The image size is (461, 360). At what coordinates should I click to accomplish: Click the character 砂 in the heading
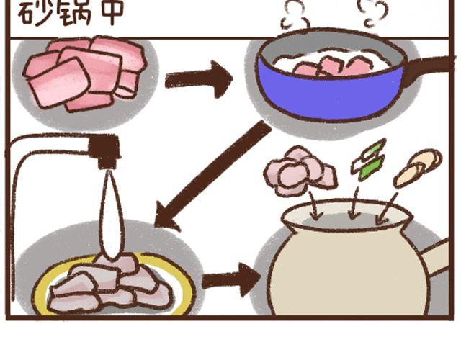coord(35,12)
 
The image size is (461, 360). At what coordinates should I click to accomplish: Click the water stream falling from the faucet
coord(111,216)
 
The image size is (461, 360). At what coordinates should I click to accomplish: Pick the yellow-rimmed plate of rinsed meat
coord(112,288)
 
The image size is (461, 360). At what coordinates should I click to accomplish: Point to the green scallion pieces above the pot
coord(369,160)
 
